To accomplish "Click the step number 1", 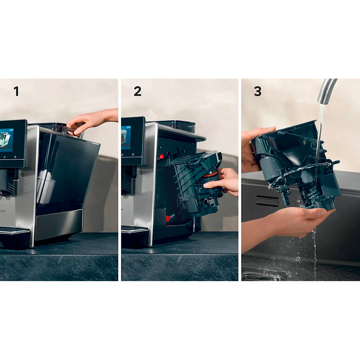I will click(x=16, y=91).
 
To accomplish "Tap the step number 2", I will click(x=137, y=91).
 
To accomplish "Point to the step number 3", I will click(x=258, y=91).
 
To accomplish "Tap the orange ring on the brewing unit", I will click(x=212, y=175).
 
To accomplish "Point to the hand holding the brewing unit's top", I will click(x=253, y=150).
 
